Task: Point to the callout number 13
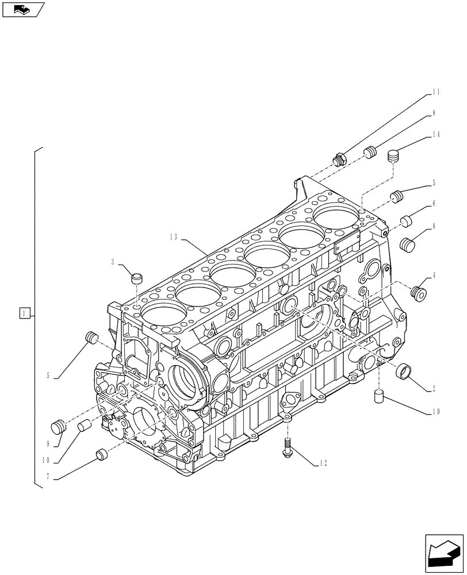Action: [x=174, y=236]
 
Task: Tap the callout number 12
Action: [x=326, y=463]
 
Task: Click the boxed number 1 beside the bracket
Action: [x=24, y=313]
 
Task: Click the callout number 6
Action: [x=434, y=204]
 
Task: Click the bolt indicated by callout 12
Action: [x=287, y=448]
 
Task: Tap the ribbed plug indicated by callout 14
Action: [x=393, y=156]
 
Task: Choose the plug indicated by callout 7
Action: [x=101, y=454]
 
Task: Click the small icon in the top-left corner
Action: [x=22, y=9]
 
